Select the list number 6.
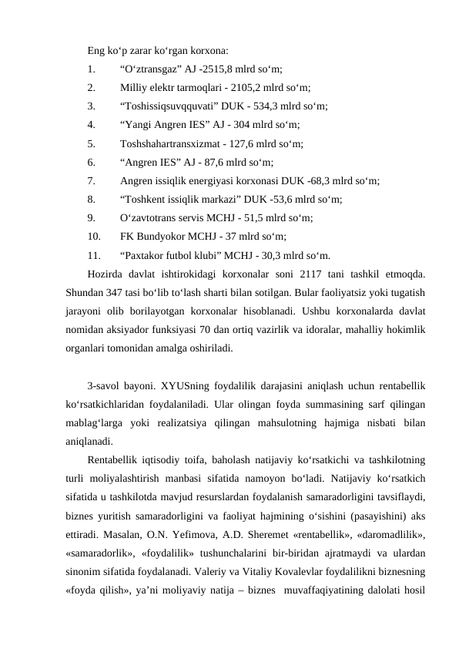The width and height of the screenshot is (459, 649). (91, 162)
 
